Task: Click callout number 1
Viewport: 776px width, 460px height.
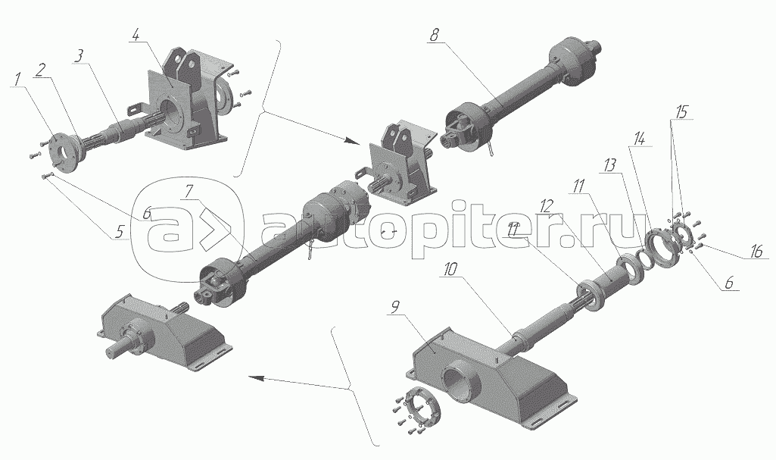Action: [x=18, y=78]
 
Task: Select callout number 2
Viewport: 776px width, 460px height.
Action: [x=41, y=70]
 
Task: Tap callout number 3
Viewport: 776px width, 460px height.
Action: [x=78, y=56]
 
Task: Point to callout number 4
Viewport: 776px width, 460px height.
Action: [x=137, y=35]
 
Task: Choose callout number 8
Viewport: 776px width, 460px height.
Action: [x=434, y=35]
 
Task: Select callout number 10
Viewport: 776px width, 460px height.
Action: [x=451, y=270]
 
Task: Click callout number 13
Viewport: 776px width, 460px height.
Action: [x=609, y=165]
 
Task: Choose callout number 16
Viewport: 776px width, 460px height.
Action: [x=756, y=252]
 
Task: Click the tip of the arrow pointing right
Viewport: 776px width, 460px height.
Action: [x=360, y=143]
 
